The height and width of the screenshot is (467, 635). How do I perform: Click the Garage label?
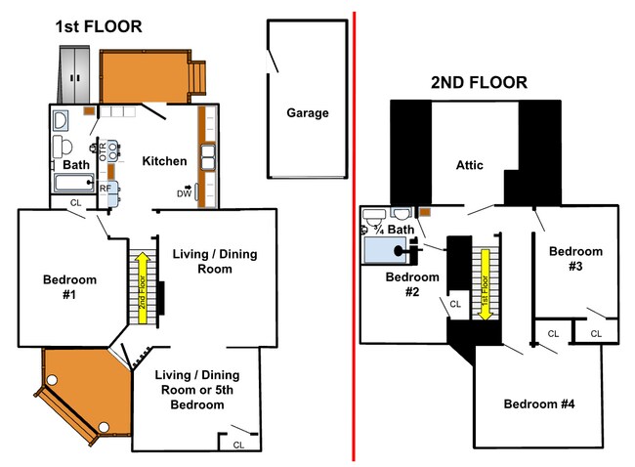click(x=308, y=113)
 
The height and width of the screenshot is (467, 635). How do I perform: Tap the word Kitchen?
click(x=164, y=161)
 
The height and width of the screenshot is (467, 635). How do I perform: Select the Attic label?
click(x=469, y=165)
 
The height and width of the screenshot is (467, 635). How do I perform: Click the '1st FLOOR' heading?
click(x=99, y=26)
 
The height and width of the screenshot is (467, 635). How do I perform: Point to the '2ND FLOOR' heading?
click(x=479, y=83)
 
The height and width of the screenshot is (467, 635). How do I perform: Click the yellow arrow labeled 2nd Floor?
click(x=143, y=287)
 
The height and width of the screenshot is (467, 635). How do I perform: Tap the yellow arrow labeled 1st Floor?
click(x=485, y=284)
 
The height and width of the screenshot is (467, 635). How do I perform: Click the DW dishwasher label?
click(x=184, y=193)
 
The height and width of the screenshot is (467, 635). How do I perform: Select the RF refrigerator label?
click(x=105, y=189)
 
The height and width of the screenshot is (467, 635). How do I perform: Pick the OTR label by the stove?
click(x=103, y=151)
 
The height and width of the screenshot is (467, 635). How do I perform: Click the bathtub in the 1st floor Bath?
click(x=74, y=183)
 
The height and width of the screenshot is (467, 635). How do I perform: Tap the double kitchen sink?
click(x=208, y=156)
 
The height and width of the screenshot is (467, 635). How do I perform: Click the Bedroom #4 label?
click(x=539, y=403)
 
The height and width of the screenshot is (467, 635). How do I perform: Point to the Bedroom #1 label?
click(x=69, y=287)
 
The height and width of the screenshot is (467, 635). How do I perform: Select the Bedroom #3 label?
click(x=575, y=258)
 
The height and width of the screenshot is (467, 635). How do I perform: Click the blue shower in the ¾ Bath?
click(x=385, y=250)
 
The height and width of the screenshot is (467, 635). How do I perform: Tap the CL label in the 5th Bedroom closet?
click(x=238, y=446)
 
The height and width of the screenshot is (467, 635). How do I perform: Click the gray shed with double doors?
click(x=74, y=74)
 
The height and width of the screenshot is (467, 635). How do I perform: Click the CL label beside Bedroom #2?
click(x=455, y=304)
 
